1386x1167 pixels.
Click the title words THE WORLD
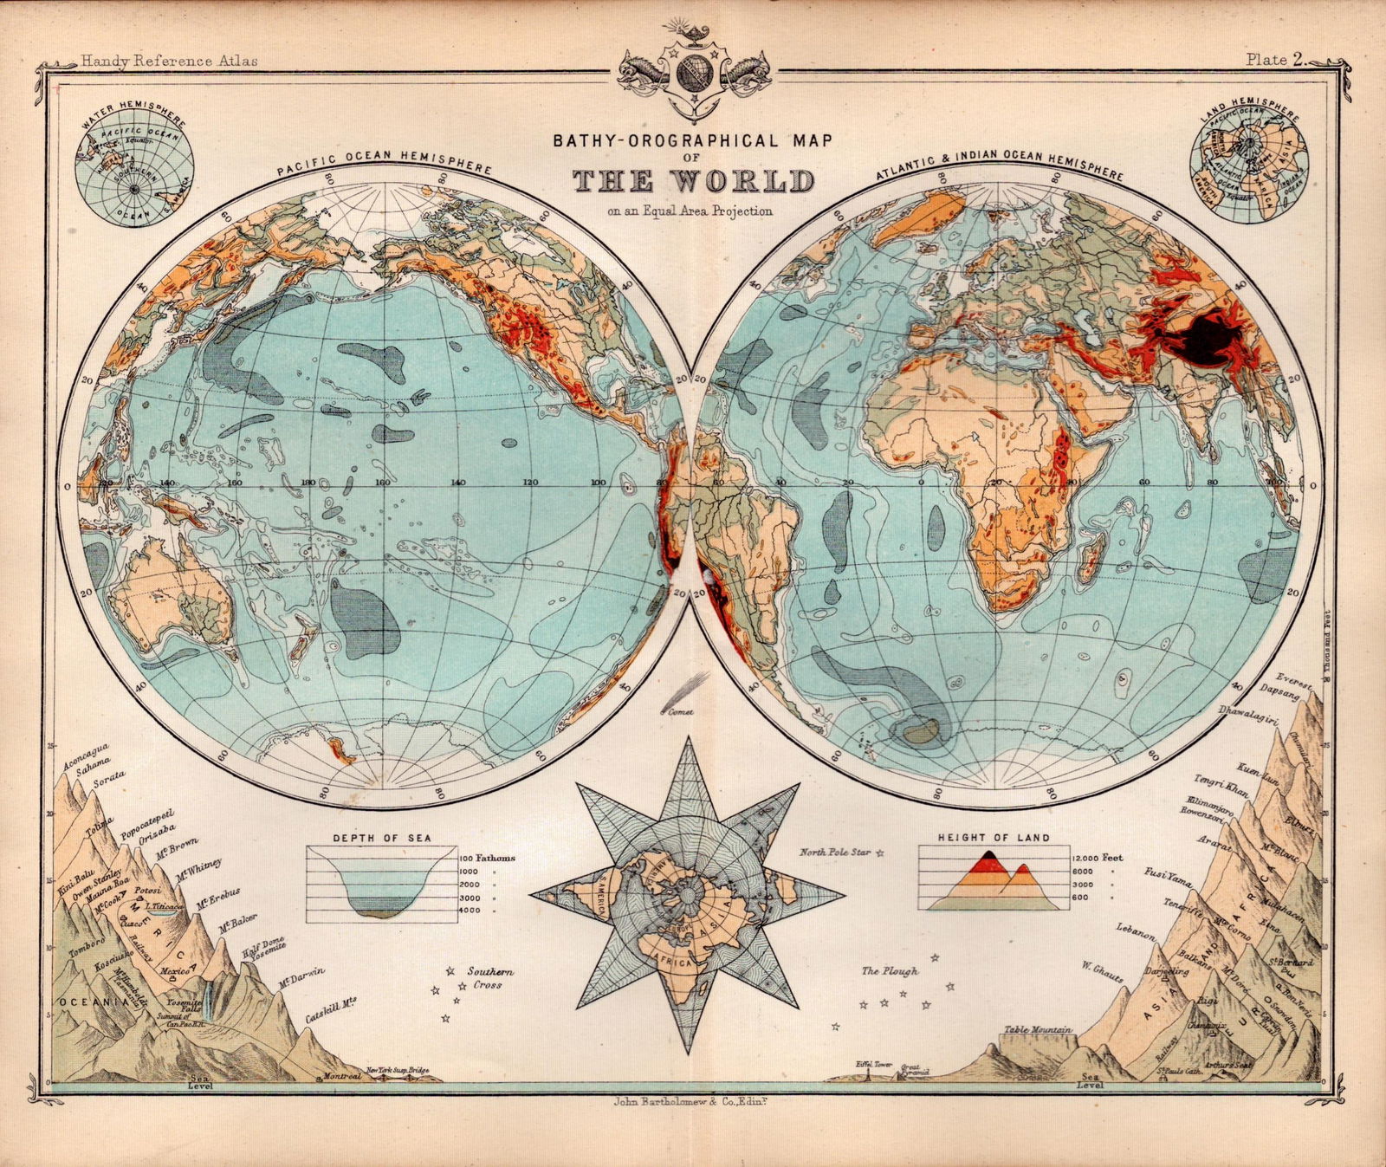[693, 182]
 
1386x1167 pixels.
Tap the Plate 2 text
[1275, 60]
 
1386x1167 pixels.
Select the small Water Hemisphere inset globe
[134, 167]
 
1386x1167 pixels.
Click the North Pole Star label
[835, 853]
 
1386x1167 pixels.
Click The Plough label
[890, 971]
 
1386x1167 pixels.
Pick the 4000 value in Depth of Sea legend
[469, 911]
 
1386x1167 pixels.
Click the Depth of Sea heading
[381, 838]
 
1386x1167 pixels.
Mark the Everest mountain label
[1295, 679]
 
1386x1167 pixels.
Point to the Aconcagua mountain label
[85, 755]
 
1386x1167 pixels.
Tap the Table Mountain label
[1038, 1030]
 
